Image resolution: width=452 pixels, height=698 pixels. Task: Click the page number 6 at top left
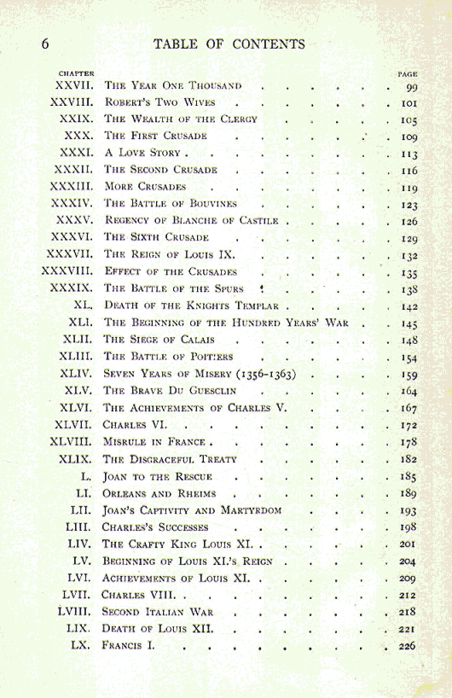pos(45,44)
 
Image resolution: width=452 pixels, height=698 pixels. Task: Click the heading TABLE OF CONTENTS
pos(229,44)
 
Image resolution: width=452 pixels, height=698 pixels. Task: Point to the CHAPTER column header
pos(76,73)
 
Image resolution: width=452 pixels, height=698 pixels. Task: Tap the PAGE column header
pos(408,74)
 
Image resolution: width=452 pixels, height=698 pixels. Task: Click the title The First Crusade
pos(155,137)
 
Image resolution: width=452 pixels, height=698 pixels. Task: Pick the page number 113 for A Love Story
pos(409,154)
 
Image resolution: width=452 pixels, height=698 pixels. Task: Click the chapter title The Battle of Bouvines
pos(171,204)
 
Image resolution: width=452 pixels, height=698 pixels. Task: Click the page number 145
pos(409,323)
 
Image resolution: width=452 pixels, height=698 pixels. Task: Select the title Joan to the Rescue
pos(158,477)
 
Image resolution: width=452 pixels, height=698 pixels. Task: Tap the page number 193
pos(409,510)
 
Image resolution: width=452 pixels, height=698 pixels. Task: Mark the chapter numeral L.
pos(86,476)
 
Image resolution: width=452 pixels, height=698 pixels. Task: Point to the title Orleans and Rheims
pos(159,494)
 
